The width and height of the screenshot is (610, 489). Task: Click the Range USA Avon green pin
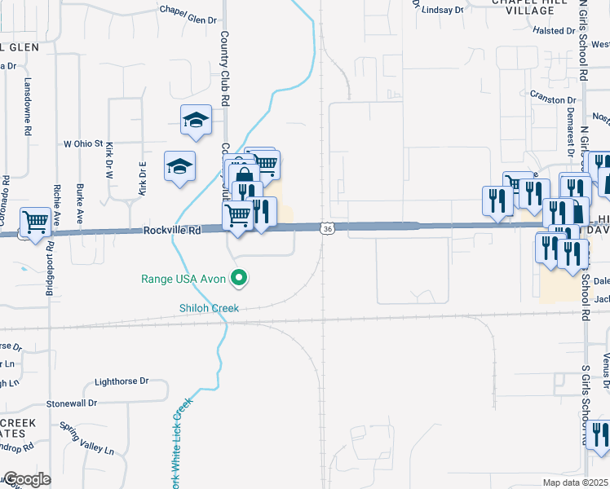pos(239,279)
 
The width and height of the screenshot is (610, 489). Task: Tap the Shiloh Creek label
pos(209,308)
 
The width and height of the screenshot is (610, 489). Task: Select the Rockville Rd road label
pos(171,231)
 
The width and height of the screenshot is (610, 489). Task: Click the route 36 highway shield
pos(326,231)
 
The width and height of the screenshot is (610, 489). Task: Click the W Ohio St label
pos(84,143)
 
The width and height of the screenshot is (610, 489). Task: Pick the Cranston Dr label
pos(553,100)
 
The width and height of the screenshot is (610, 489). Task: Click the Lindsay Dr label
pos(439,9)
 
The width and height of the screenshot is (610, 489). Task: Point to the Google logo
pos(27,479)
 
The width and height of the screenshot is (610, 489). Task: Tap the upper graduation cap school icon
pos(196,121)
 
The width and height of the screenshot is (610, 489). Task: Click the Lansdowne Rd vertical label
pos(28,107)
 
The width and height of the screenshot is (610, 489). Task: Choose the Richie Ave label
pos(56,208)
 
